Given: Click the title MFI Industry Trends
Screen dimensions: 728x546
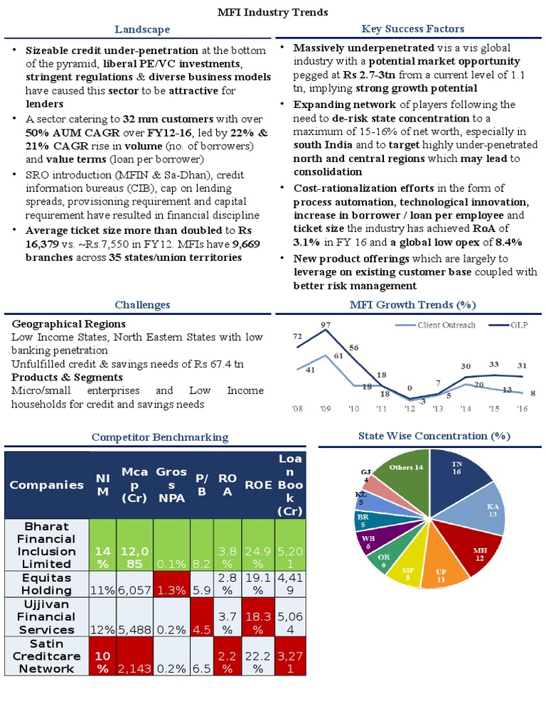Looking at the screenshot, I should pyautogui.click(x=272, y=12).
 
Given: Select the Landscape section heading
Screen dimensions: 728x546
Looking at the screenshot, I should pyautogui.click(x=142, y=29).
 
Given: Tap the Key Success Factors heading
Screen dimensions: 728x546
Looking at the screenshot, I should pyautogui.click(x=412, y=28).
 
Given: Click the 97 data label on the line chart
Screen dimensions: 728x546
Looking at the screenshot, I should pyautogui.click(x=326, y=325).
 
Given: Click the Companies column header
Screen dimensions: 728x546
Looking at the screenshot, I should pyautogui.click(x=46, y=485).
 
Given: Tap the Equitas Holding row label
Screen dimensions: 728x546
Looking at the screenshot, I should pyautogui.click(x=46, y=584).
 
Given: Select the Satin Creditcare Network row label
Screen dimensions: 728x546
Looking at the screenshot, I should pyautogui.click(x=46, y=655).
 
